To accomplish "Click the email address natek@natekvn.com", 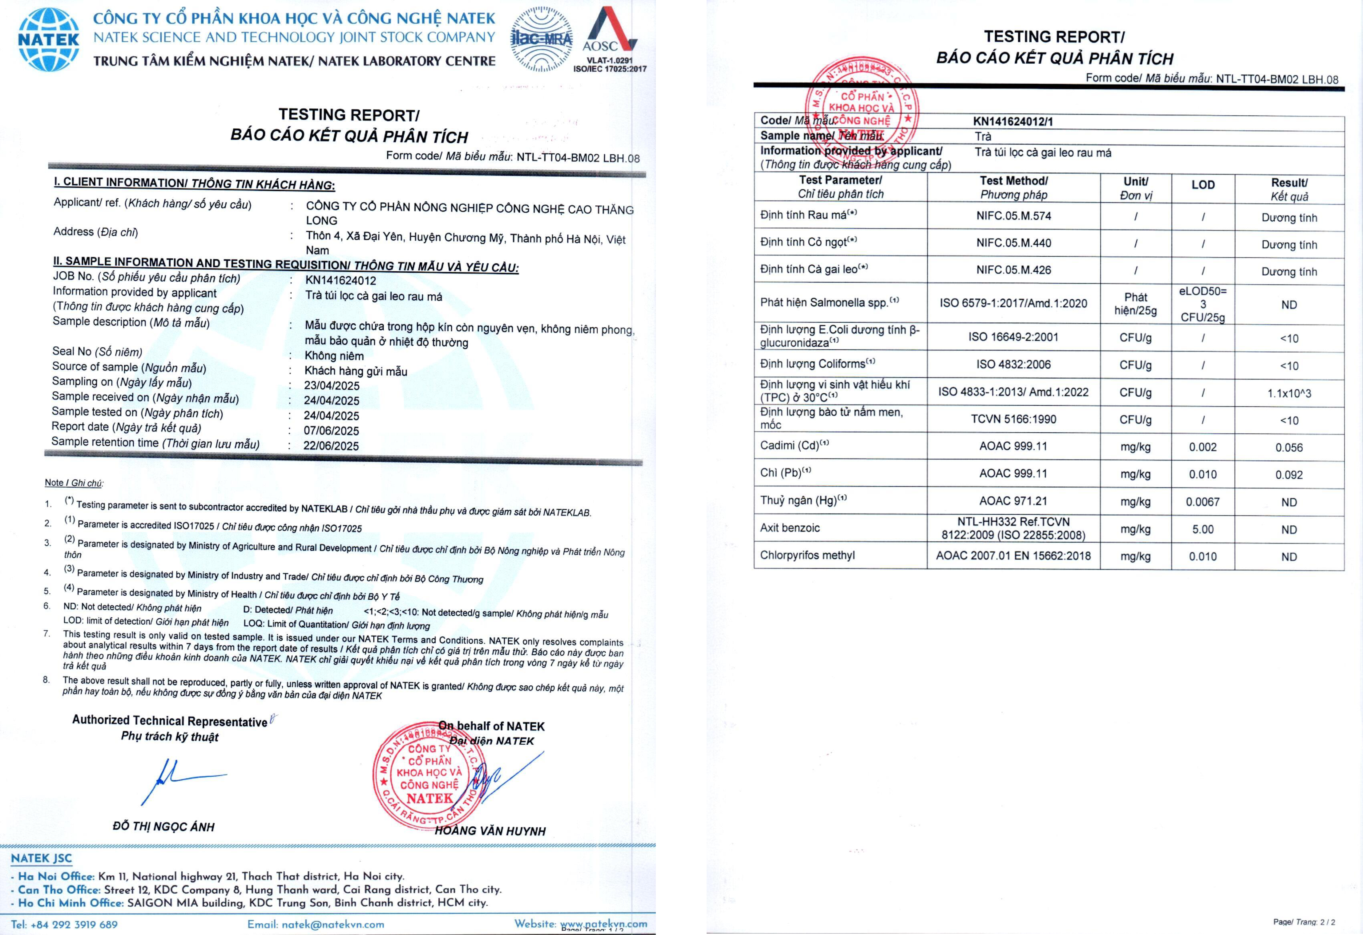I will (333, 924).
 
